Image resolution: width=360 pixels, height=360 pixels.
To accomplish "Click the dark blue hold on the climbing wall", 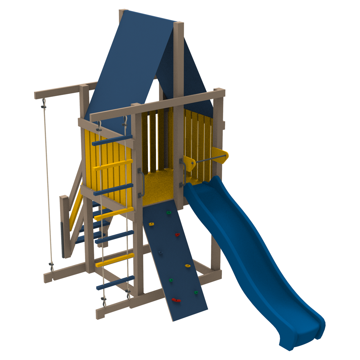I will coord(160,252).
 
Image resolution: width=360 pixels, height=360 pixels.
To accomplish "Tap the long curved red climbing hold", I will coord(176,300).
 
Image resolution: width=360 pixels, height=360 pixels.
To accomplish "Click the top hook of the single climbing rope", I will coord(44,104).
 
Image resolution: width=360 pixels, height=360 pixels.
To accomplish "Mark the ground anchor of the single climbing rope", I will coord(51,267).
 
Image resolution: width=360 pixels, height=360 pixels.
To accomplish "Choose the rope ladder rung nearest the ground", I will coord(115,283).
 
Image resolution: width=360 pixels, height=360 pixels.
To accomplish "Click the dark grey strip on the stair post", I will coord(63,239).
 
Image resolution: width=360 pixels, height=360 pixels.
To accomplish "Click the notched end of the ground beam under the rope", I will coord(48,277).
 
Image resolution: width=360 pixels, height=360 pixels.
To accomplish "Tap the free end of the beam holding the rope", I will coord(37,95).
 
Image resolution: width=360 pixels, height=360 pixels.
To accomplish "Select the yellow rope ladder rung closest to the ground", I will coord(114,260).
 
